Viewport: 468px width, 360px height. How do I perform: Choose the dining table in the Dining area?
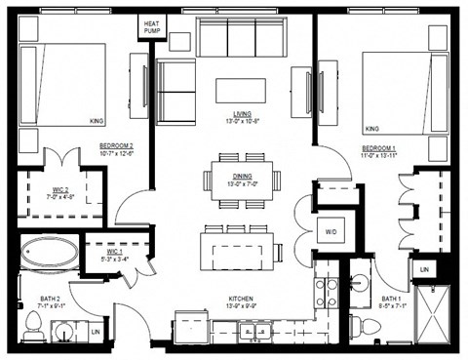[x=243, y=180]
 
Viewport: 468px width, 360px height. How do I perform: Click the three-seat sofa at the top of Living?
[x=243, y=38]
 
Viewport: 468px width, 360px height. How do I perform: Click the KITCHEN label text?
[x=242, y=302]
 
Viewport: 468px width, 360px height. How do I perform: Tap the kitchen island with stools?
[x=236, y=248]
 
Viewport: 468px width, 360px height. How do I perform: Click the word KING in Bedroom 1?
[x=371, y=128]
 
